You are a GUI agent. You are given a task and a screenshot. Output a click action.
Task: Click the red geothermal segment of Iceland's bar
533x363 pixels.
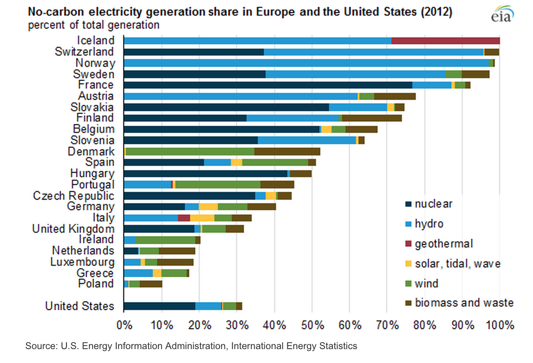tap(445, 41)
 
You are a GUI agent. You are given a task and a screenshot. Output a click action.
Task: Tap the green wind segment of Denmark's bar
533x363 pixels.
tap(190, 152)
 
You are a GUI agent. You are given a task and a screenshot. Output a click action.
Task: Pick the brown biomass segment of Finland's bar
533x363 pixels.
tap(372, 118)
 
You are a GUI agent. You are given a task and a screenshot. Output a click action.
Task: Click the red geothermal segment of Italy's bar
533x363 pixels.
tap(184, 218)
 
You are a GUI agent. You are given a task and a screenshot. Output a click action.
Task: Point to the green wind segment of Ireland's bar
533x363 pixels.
tap(165, 240)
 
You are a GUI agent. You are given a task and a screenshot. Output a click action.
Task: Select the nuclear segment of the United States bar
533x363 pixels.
tap(159, 306)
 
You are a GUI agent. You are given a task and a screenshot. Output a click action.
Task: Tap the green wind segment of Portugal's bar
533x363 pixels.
tap(217, 185)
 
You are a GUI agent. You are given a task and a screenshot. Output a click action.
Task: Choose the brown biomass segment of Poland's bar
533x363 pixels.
tap(151, 284)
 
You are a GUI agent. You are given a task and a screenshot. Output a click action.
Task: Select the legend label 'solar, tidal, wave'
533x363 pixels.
tap(457, 264)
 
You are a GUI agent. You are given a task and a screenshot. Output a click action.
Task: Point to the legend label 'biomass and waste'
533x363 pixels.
tap(464, 303)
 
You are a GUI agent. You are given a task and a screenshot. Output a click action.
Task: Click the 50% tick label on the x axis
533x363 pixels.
tap(313, 325)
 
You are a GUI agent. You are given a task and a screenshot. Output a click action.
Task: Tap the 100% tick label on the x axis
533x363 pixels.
tap(500, 325)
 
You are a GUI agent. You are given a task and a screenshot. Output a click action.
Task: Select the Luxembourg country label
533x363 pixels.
tap(82, 262)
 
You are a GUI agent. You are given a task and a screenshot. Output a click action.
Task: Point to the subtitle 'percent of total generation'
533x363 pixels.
tap(94, 25)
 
